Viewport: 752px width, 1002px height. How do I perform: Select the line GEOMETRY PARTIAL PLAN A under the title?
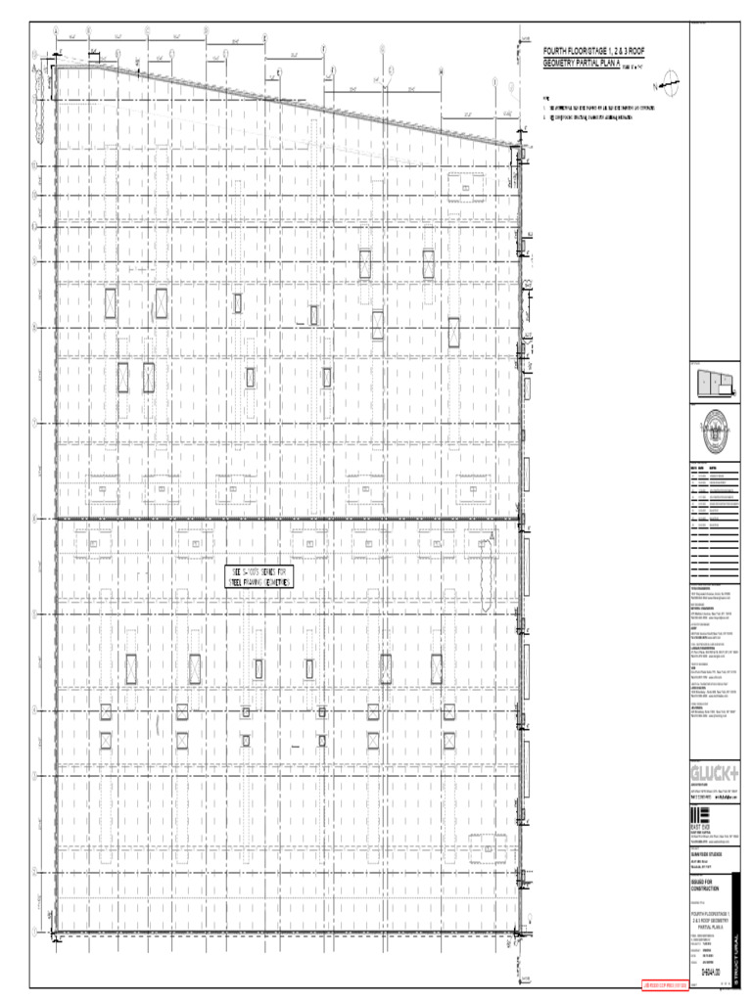[592, 62]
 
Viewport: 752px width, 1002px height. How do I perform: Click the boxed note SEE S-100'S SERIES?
[259, 576]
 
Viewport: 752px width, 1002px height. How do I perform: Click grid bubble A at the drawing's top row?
[56, 30]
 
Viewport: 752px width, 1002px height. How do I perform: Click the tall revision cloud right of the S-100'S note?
[489, 573]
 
